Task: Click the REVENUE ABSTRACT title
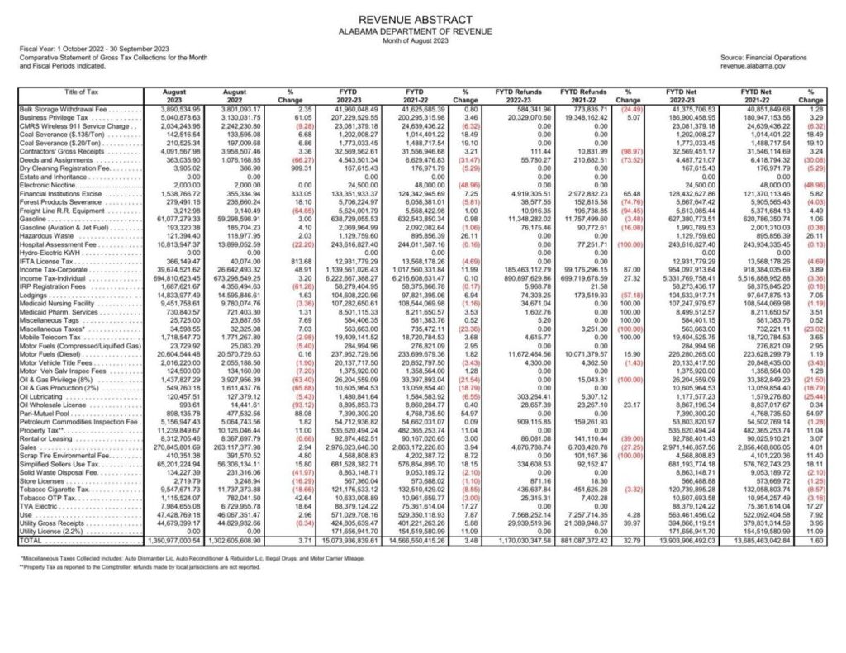point(422,19)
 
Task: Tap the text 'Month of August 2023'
point(422,40)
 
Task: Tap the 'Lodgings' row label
point(35,294)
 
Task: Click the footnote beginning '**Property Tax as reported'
point(140,567)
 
